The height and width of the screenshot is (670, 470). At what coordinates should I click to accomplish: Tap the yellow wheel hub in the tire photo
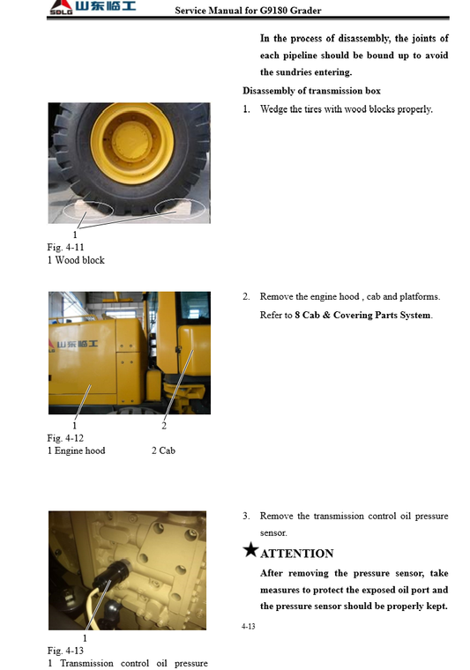click(131, 141)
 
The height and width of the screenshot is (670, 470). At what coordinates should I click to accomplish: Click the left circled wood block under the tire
click(85, 209)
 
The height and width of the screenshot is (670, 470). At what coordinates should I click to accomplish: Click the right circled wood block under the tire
click(180, 208)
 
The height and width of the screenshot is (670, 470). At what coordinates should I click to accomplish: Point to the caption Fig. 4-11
click(65, 248)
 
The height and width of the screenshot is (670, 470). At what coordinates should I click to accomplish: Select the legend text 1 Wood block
click(76, 260)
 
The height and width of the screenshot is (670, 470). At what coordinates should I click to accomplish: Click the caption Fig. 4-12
click(65, 438)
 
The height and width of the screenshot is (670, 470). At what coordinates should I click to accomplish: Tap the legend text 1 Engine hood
click(76, 450)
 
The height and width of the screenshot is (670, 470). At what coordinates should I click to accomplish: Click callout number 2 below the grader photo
click(164, 427)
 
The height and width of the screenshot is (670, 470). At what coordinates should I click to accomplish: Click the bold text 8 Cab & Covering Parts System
click(362, 316)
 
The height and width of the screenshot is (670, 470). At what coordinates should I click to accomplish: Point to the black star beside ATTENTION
click(250, 551)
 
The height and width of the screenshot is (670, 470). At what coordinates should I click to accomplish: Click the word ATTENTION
click(297, 554)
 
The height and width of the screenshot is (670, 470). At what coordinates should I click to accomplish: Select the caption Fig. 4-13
click(65, 651)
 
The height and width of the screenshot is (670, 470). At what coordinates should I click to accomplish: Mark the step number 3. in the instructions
click(247, 516)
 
